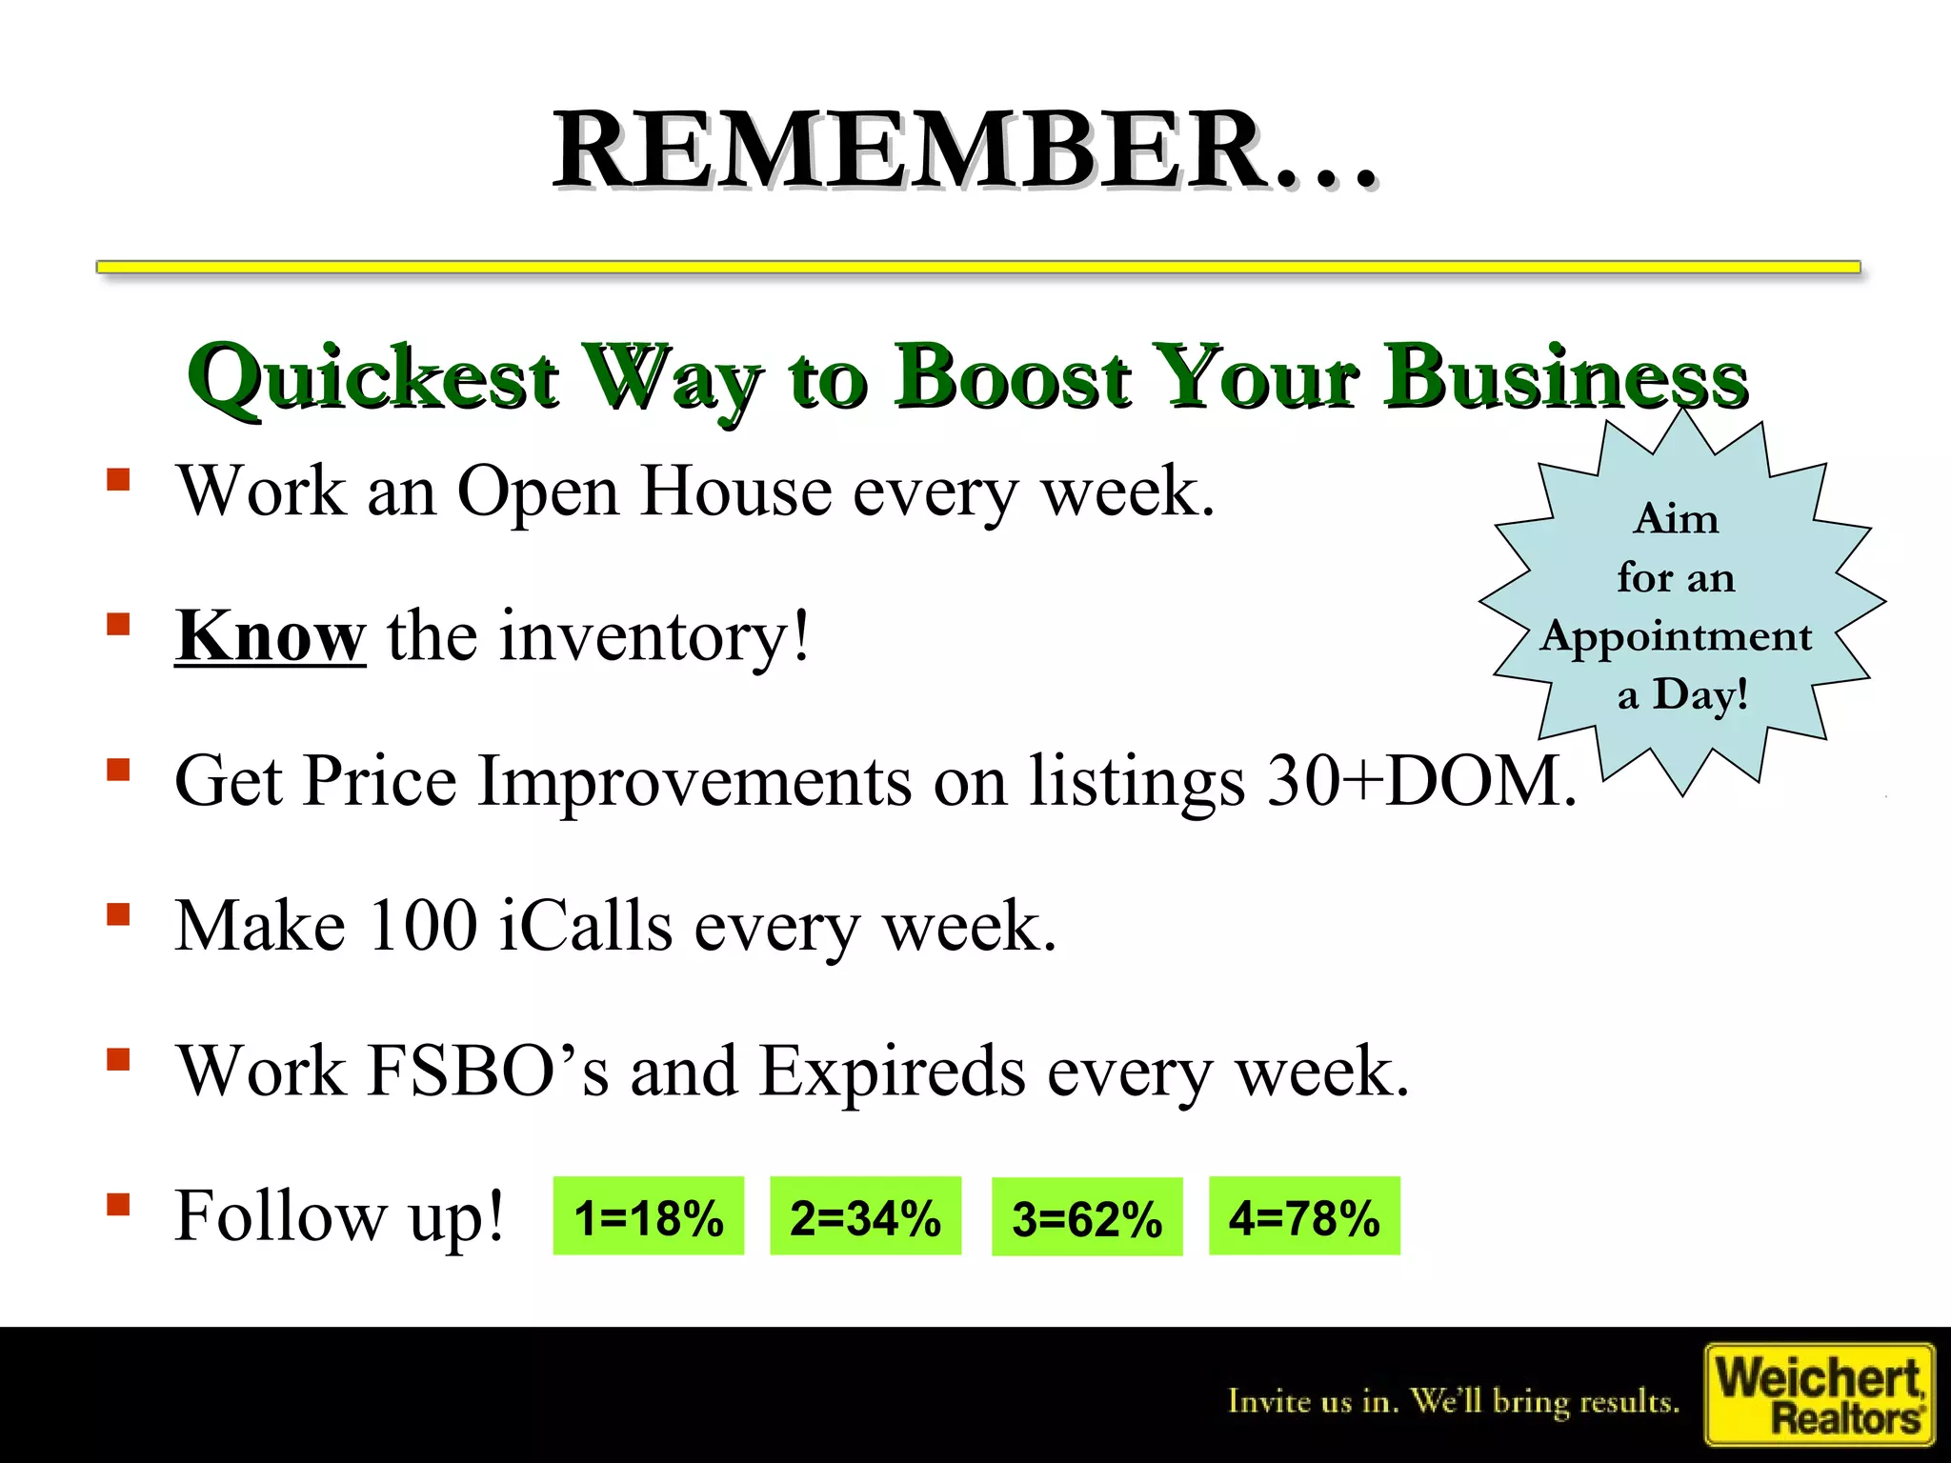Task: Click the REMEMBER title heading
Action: (x=964, y=150)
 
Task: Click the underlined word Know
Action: (x=270, y=636)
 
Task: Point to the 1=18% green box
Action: (x=648, y=1216)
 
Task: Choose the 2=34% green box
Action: (x=865, y=1216)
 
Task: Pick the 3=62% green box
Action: (x=1087, y=1218)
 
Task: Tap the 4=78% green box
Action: (x=1304, y=1216)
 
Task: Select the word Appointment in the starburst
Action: (x=1676, y=636)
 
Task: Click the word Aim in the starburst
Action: (x=1676, y=520)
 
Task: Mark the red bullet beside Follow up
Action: (x=118, y=1205)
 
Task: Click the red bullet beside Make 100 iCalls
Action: (x=118, y=915)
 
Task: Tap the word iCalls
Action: (x=586, y=927)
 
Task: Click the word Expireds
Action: (x=892, y=1072)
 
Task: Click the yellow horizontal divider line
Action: (x=977, y=267)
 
